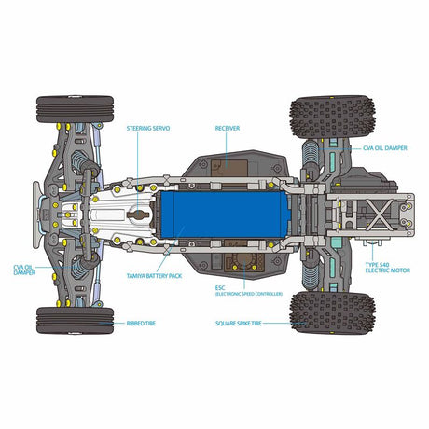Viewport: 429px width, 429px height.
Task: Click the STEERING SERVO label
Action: click(x=146, y=128)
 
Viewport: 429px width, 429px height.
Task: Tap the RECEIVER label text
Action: click(x=228, y=128)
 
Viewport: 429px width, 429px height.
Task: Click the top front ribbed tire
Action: click(x=75, y=108)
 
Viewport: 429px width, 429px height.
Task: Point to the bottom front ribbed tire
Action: click(x=75, y=320)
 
